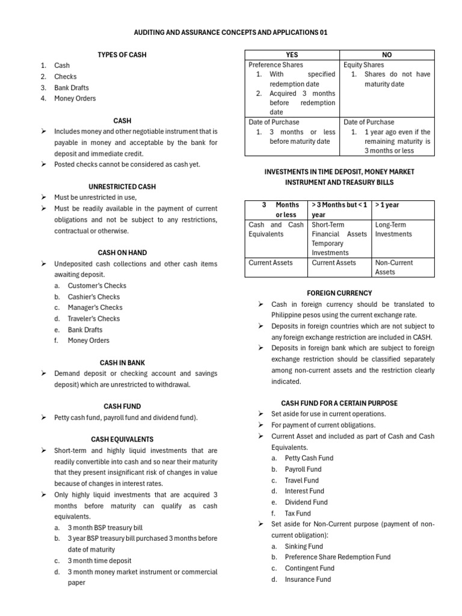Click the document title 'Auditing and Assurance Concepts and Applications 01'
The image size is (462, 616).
[231, 32]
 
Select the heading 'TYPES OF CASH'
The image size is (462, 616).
[122, 55]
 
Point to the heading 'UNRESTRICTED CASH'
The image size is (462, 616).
[122, 186]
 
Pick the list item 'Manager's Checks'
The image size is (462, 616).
[94, 307]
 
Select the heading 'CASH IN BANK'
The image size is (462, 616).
[122, 363]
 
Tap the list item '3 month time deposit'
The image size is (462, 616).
[100, 561]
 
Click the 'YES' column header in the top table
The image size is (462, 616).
[292, 55]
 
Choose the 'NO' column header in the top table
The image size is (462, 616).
[387, 55]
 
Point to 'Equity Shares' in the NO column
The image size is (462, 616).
[363, 65]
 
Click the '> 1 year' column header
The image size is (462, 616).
[387, 205]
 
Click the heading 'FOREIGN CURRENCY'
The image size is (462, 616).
[339, 293]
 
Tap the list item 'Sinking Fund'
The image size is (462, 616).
[304, 546]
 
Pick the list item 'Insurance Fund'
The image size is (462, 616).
[307, 579]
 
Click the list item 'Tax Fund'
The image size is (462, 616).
[298, 513]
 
